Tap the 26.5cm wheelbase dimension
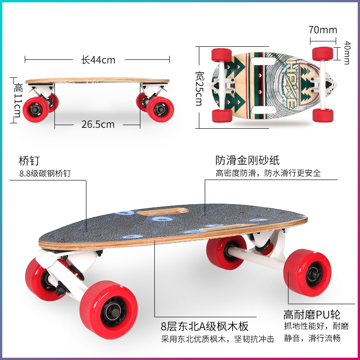[x=98, y=124]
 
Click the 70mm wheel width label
[x=323, y=30]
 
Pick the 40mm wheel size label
[x=346, y=53]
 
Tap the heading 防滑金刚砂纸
[x=247, y=161]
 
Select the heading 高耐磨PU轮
[x=312, y=314]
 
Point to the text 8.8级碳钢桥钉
[x=45, y=173]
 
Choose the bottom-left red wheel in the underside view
[x=222, y=115]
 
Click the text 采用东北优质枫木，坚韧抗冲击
[x=218, y=339]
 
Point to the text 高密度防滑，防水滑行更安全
[x=268, y=173]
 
